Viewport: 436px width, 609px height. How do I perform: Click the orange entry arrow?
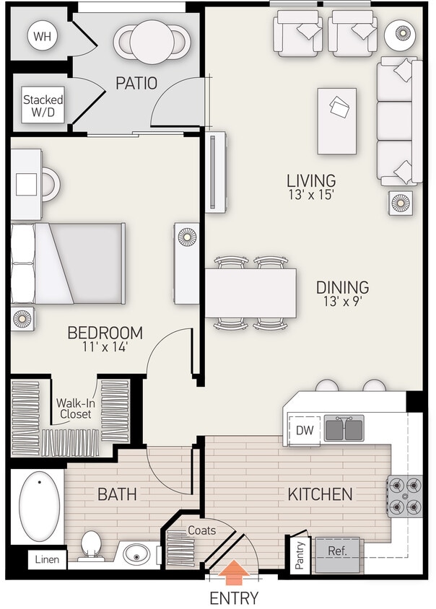[x=233, y=574]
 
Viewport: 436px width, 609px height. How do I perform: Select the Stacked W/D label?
[x=43, y=106]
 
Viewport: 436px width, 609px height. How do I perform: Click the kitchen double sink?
[x=344, y=428]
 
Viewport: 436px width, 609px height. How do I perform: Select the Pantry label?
[x=300, y=555]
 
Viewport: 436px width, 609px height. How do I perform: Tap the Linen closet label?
[x=48, y=559]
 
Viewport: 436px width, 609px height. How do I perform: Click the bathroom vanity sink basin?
[x=136, y=556]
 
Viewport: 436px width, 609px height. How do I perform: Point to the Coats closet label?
[x=201, y=530]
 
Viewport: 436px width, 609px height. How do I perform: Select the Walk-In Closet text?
[x=75, y=409]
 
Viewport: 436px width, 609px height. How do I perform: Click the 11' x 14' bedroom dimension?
[x=105, y=347]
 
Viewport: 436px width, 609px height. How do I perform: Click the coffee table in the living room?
[x=336, y=121]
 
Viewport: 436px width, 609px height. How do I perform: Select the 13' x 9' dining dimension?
[x=342, y=302]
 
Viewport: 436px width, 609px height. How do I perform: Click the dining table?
[x=250, y=293]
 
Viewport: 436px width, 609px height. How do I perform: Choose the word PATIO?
[x=136, y=83]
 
